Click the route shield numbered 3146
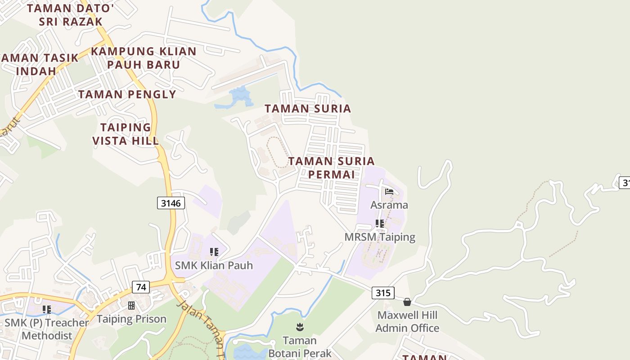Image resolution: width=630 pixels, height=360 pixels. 171,203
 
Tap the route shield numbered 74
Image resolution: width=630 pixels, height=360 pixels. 141,287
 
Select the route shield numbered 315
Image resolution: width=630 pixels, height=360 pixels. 383,293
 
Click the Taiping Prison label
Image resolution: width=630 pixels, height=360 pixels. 131,319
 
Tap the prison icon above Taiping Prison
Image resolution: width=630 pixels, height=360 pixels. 131,306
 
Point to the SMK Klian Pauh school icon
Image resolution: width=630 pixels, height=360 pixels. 214,252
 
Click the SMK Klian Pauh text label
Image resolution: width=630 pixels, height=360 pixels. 214,265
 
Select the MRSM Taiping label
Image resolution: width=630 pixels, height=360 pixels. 380,237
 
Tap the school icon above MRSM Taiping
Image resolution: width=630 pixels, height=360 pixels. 380,223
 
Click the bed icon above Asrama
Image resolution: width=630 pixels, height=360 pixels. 389,192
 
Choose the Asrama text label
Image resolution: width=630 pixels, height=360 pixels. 389,205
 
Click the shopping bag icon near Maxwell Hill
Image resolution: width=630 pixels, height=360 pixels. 407,302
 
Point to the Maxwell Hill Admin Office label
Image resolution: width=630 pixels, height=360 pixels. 407,321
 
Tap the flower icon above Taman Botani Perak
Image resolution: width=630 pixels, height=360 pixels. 300,327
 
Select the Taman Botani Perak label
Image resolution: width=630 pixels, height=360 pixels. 300,346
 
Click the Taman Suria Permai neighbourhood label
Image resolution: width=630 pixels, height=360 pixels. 332,167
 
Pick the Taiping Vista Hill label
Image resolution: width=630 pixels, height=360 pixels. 126,134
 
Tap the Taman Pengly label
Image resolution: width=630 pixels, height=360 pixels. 127,94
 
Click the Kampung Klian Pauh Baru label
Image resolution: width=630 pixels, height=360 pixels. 144,58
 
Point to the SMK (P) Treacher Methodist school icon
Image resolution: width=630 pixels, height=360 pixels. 47,309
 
